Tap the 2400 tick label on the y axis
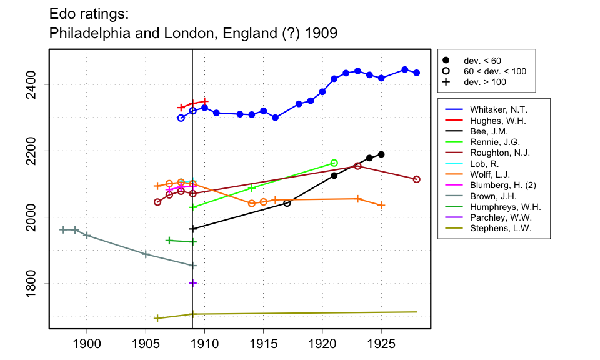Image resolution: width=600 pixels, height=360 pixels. pyautogui.click(x=37, y=84)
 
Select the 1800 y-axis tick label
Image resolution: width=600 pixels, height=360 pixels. pyautogui.click(x=37, y=284)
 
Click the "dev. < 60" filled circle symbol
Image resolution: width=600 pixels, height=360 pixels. pyautogui.click(x=446, y=60)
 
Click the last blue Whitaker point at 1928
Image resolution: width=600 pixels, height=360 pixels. pyautogui.click(x=417, y=72)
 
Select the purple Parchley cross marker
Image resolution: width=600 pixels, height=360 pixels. pyautogui.click(x=192, y=283)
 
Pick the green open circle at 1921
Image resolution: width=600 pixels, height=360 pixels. pyautogui.click(x=334, y=163)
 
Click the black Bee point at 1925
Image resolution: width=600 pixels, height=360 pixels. pyautogui.click(x=381, y=154)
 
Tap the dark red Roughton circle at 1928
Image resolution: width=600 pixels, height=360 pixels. pyautogui.click(x=417, y=179)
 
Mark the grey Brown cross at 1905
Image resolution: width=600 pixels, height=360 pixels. pyautogui.click(x=146, y=254)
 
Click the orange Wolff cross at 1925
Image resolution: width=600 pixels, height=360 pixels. pyautogui.click(x=381, y=205)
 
